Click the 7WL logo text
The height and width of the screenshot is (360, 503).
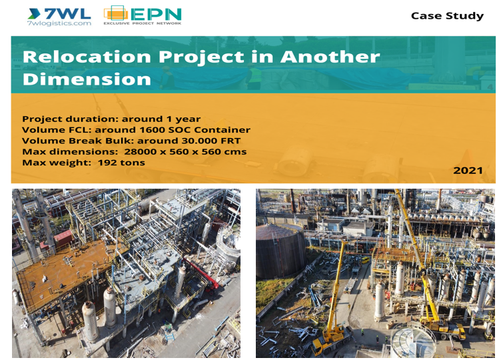coord(67,13)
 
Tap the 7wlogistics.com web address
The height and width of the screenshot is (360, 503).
coord(59,23)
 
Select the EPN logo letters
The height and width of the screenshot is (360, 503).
coord(156,15)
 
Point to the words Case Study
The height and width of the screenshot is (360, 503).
coord(447,16)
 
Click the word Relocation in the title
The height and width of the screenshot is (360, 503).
coord(87,57)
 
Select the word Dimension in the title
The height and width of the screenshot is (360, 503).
coord(87,79)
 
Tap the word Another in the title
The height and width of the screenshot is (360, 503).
coord(330,57)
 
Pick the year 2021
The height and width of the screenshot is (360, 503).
coord(468,170)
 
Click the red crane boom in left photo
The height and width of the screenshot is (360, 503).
coord(201,272)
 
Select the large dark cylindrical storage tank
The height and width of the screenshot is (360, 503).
coord(280,251)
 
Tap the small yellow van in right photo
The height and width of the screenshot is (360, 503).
coord(365,260)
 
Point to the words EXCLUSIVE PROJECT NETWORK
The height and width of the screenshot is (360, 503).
coord(143,23)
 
